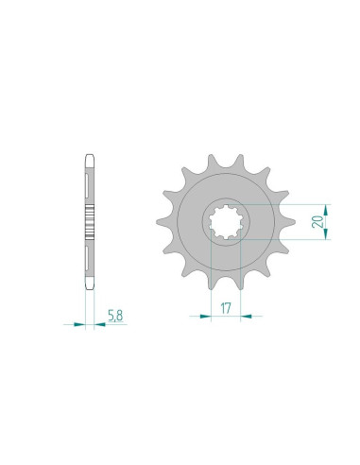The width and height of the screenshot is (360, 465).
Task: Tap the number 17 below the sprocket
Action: (224, 306)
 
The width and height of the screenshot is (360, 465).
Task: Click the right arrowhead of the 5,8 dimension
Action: (95, 324)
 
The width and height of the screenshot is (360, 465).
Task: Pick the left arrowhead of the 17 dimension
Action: (204, 316)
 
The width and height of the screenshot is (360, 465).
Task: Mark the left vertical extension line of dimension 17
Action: (209, 284)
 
